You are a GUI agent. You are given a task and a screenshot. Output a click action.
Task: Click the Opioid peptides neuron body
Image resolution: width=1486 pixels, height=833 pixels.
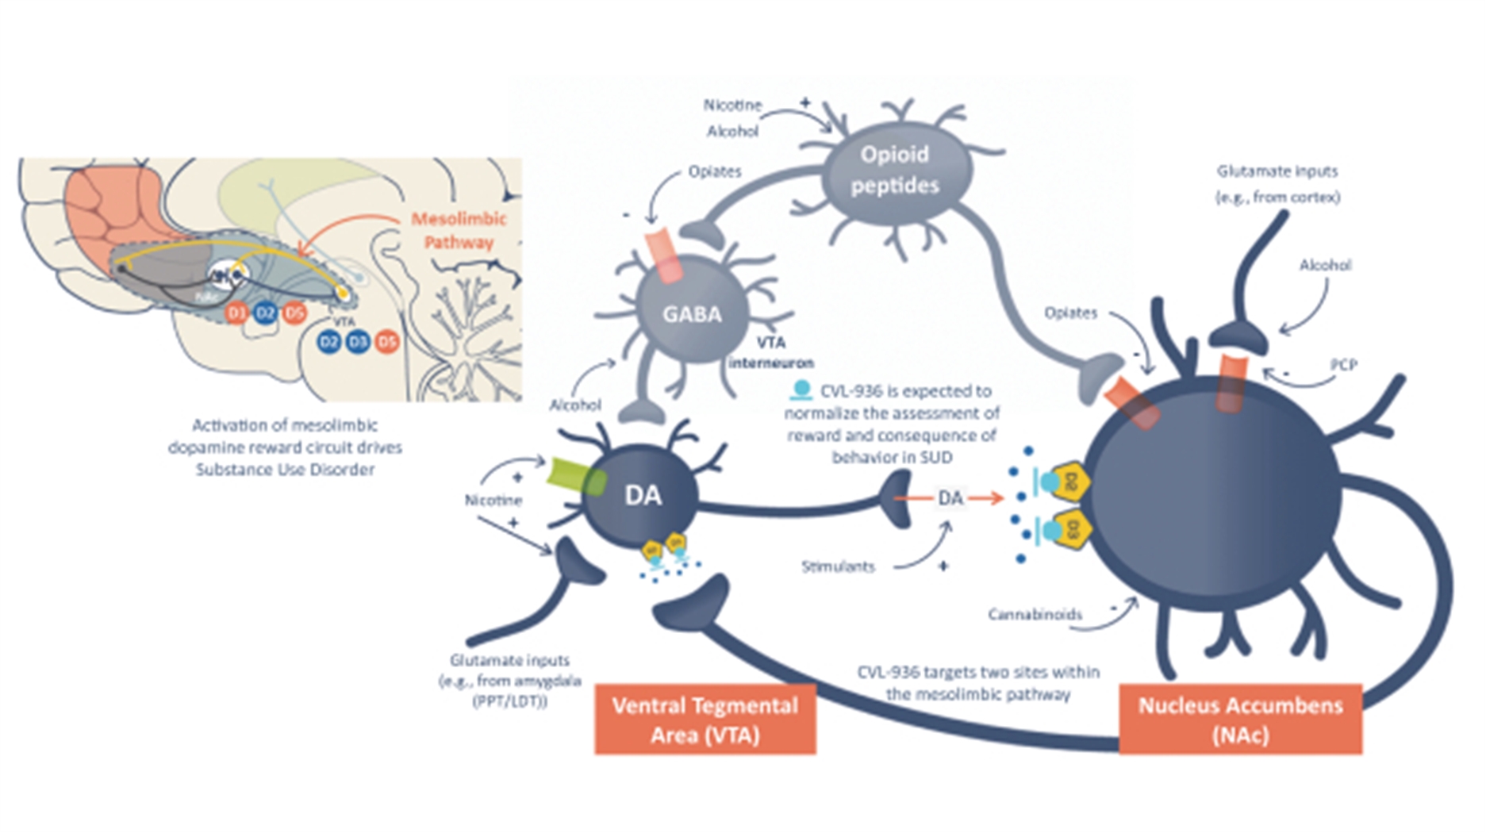tap(895, 170)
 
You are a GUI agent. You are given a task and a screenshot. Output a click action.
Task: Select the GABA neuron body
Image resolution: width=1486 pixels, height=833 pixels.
tap(692, 313)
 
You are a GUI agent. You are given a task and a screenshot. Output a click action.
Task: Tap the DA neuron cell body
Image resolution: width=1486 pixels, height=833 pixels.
tap(643, 496)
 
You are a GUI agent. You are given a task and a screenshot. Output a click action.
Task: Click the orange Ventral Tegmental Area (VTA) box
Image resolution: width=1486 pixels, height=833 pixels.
tap(705, 719)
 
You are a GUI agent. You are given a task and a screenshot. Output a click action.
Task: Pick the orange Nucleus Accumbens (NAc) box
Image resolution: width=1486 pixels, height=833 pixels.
tap(1240, 719)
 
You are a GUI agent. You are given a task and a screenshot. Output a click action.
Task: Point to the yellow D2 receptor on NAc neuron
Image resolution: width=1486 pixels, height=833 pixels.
tap(1071, 481)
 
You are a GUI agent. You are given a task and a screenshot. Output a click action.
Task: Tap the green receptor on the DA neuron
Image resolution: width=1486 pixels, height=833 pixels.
tap(576, 477)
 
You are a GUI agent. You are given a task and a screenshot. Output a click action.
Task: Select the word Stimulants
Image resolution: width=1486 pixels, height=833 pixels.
tap(838, 566)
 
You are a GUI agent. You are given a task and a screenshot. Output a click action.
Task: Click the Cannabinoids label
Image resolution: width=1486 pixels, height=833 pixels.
tap(1035, 614)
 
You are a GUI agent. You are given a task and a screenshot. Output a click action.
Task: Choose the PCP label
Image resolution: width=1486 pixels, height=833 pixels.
tap(1343, 365)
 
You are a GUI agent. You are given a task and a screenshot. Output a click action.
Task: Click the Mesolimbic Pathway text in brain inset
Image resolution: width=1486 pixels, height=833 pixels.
tap(459, 230)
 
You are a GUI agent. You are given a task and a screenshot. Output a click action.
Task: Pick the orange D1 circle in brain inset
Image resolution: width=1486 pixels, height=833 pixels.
tap(236, 313)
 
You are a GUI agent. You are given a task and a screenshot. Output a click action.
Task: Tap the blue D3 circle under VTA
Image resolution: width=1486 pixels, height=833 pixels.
tap(358, 342)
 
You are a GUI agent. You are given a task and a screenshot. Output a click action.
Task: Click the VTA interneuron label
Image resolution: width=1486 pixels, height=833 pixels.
tap(771, 352)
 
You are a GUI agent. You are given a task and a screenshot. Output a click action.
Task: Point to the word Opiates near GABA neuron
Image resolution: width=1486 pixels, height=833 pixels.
tap(715, 171)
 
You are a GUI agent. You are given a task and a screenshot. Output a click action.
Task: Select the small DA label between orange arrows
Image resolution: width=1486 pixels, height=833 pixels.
tap(950, 498)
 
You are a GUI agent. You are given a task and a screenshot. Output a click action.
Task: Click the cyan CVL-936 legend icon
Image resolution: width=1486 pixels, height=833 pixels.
tap(801, 390)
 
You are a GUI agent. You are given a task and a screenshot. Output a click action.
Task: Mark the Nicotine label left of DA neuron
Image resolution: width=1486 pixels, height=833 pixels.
tap(493, 501)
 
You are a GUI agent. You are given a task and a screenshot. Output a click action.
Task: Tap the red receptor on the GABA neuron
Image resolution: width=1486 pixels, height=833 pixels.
tap(664, 255)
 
